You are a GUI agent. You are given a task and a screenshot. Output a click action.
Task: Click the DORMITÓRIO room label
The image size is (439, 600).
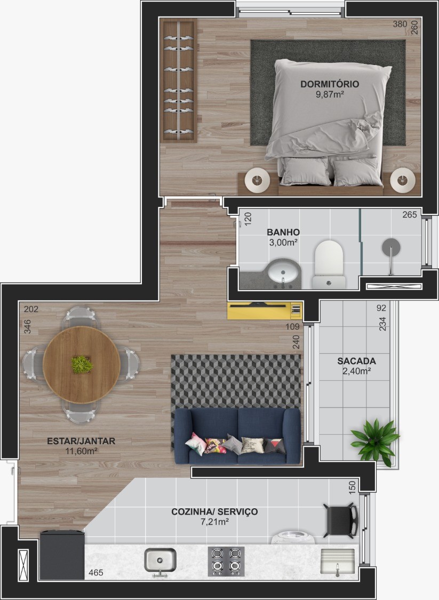point(330,84)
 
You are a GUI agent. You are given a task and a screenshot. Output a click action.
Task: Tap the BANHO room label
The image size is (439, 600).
point(283,232)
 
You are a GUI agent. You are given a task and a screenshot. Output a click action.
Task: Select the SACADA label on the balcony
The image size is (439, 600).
point(356,361)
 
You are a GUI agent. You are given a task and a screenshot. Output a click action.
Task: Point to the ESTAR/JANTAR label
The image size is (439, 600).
point(81,441)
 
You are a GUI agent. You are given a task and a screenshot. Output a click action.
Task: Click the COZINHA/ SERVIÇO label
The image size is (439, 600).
point(214,511)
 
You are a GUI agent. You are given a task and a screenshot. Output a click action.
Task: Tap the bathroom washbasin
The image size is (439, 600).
point(283,273)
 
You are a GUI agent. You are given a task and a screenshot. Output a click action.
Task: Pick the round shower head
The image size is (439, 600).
point(391,247)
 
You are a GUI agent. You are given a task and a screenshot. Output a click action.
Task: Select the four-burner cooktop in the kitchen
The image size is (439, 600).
point(226,561)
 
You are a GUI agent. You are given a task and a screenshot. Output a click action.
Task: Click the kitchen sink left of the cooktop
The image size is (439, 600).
point(160,561)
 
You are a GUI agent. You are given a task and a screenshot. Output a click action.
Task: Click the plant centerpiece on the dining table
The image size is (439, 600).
point(82,364)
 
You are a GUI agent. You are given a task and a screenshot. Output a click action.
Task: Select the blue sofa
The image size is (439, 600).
point(237,436)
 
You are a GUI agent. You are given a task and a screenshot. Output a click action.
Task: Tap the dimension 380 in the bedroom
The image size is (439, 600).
point(400,24)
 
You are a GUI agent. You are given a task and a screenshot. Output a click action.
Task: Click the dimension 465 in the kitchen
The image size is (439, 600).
point(95,573)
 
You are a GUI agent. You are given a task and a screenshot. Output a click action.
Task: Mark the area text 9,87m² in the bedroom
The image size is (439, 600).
point(330,94)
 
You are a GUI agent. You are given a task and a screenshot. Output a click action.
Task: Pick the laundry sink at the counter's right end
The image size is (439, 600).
point(337,562)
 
